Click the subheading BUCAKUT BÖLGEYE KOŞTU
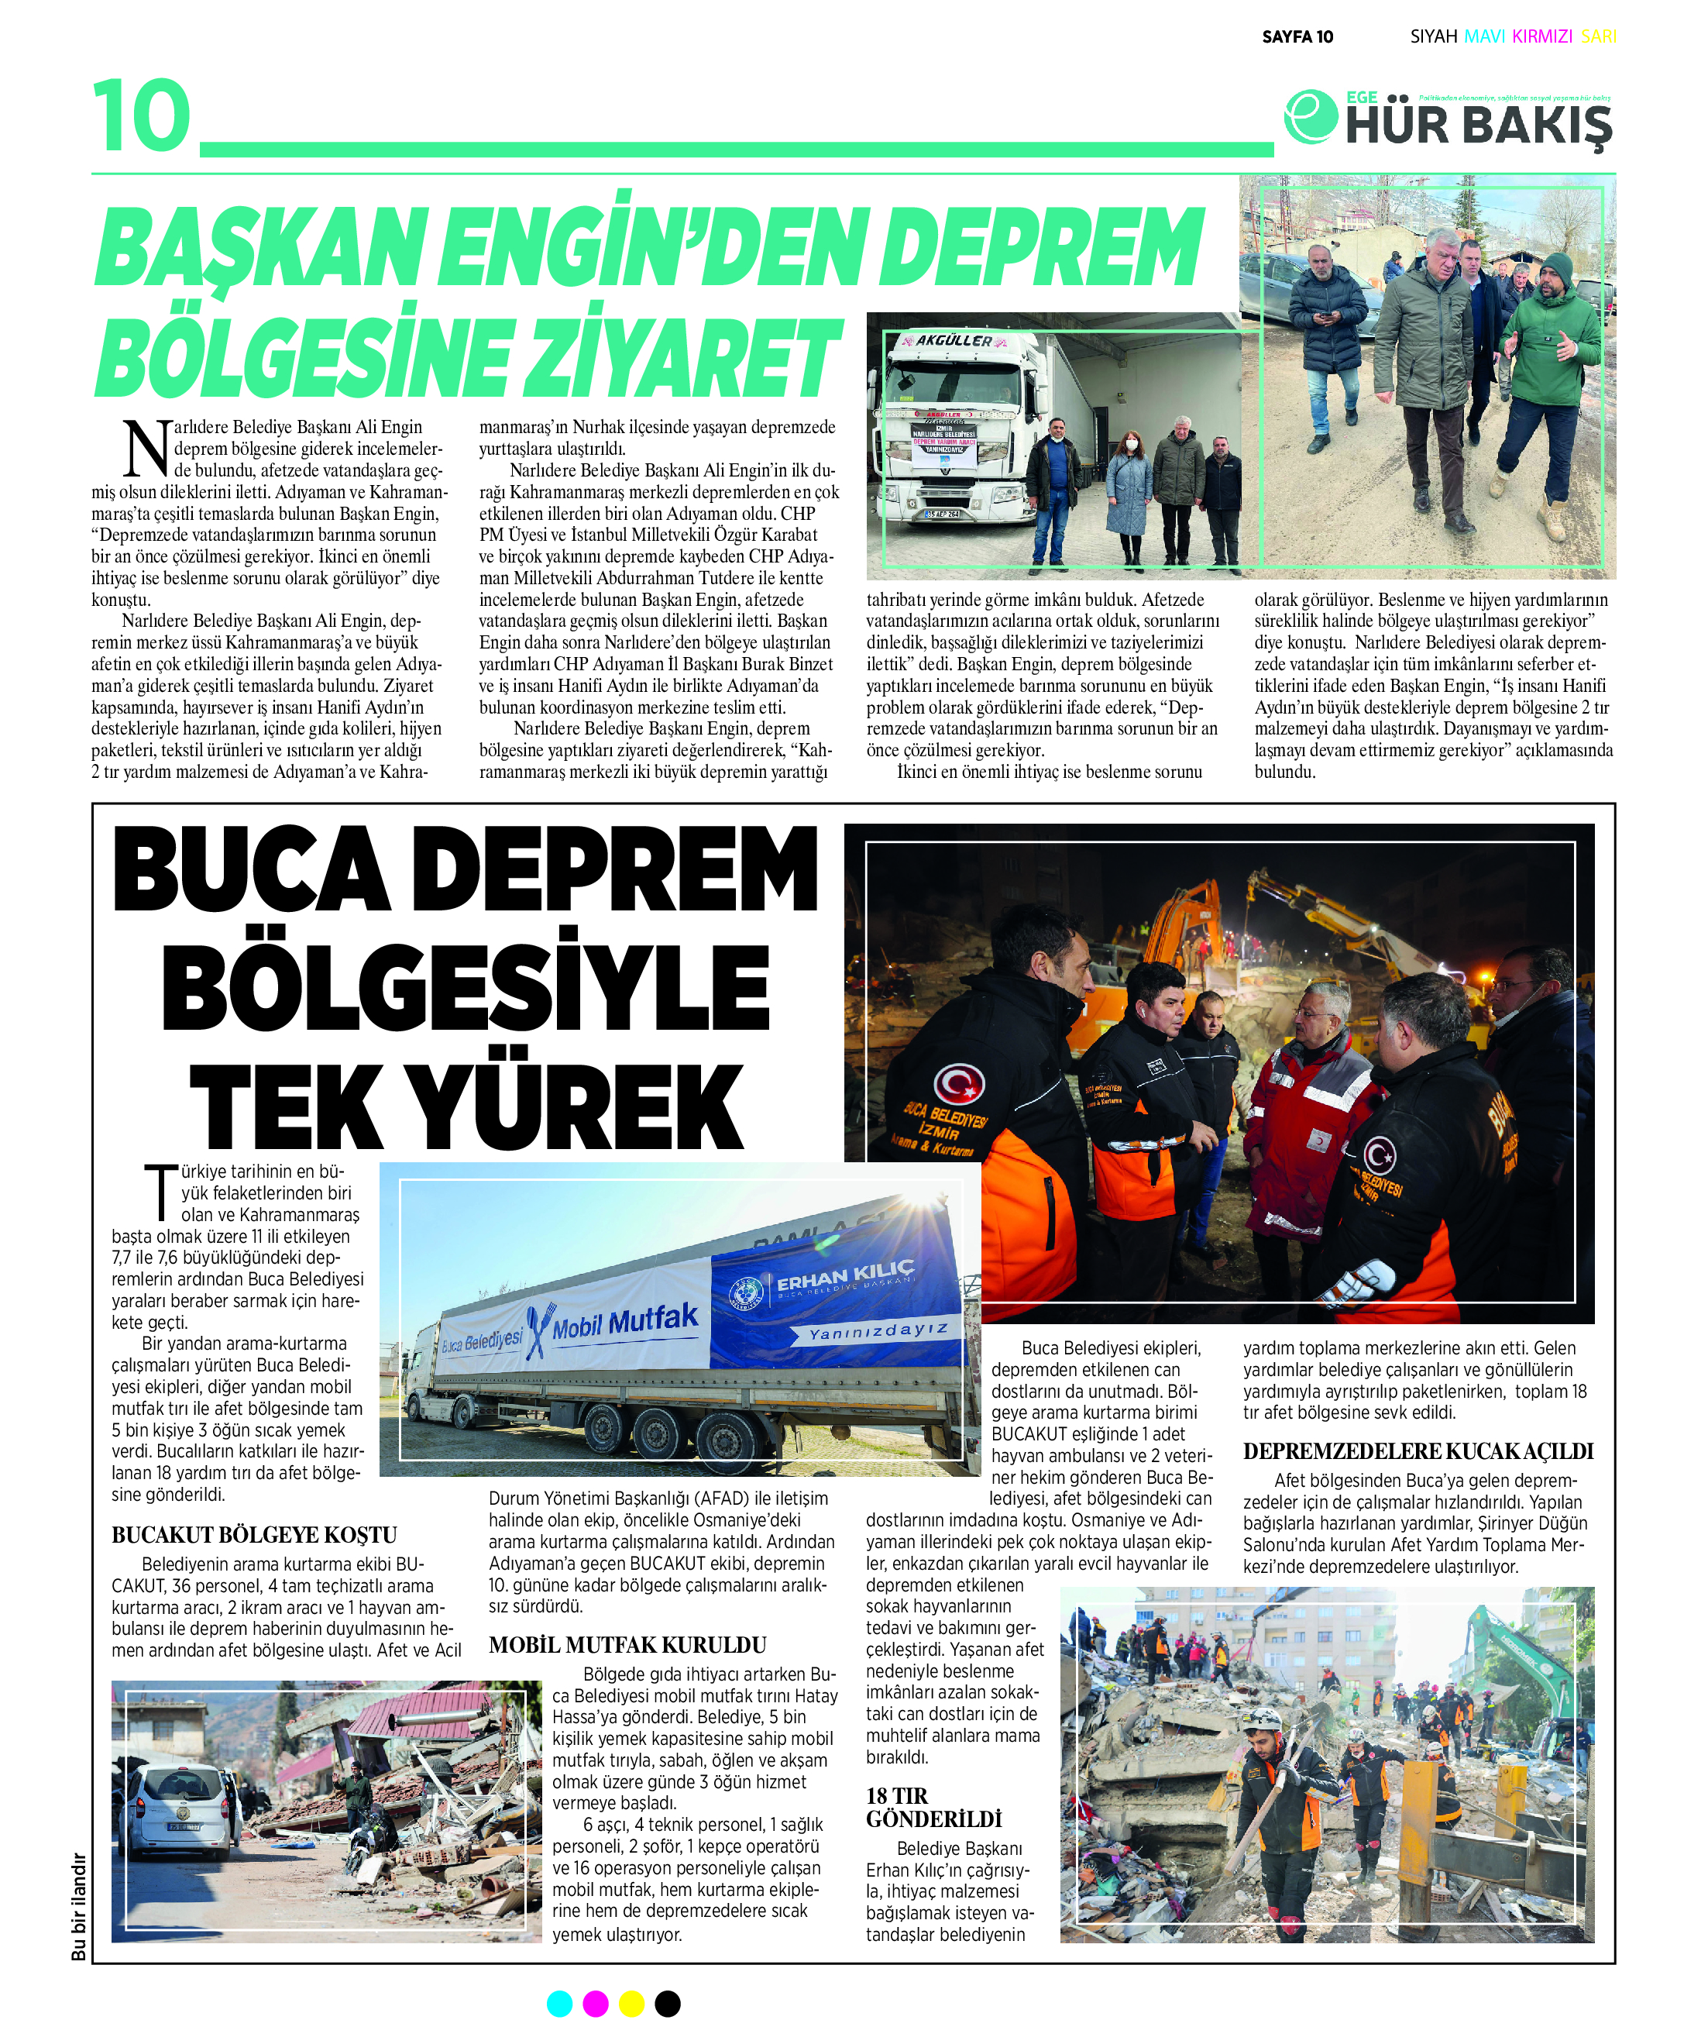pyautogui.click(x=254, y=1535)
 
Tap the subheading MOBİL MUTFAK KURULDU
pyautogui.click(x=627, y=1645)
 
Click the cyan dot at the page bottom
pyautogui.click(x=559, y=2004)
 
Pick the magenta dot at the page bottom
pyautogui.click(x=596, y=2004)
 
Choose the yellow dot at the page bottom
pyautogui.click(x=631, y=2004)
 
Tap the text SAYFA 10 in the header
pyautogui.click(x=1297, y=37)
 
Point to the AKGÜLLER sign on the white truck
pyautogui.click(x=954, y=341)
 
